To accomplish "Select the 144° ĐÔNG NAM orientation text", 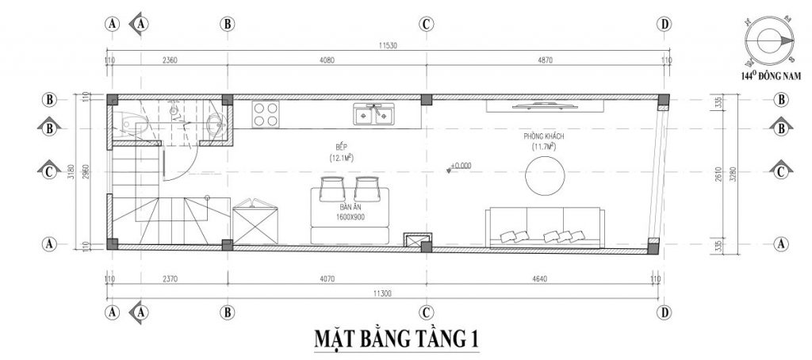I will pos(768,76).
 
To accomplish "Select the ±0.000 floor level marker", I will pos(458,167).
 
